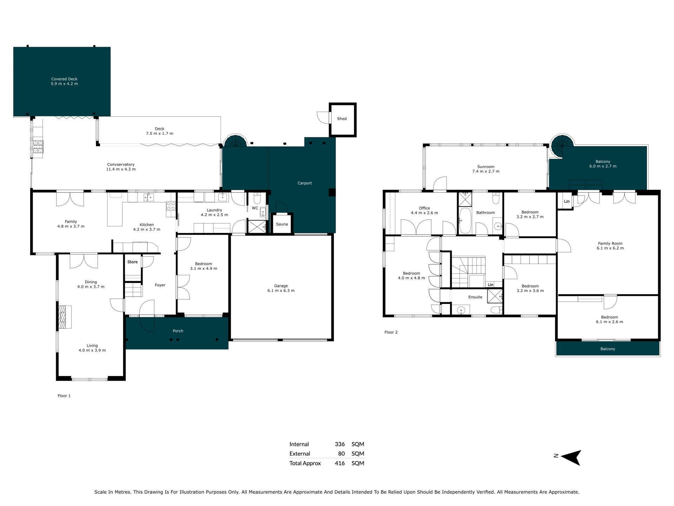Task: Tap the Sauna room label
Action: click(282, 224)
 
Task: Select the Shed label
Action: click(342, 119)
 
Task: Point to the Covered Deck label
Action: click(64, 79)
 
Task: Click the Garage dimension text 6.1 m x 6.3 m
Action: click(281, 291)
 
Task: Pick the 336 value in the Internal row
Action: click(340, 444)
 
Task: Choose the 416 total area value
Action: click(340, 463)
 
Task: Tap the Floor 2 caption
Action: click(391, 332)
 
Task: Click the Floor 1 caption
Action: click(64, 396)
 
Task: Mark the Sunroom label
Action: click(486, 167)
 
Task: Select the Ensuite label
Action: click(475, 297)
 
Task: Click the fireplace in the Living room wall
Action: click(65, 317)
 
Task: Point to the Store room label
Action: click(132, 262)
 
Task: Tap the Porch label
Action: click(178, 331)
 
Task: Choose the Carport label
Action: click(305, 183)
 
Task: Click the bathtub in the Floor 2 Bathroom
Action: click(465, 221)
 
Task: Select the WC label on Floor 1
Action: click(255, 208)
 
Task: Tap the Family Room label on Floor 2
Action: click(610, 244)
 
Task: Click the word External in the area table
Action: click(300, 454)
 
